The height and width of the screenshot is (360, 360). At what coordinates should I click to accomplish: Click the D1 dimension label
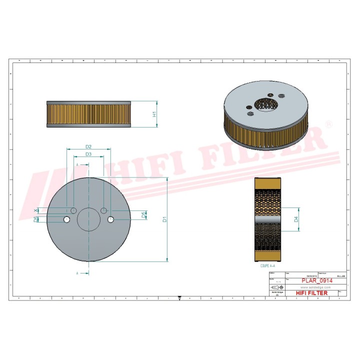(165, 219)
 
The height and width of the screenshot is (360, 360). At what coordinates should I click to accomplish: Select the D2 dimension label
(88, 146)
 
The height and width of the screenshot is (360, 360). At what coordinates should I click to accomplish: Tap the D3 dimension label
(88, 154)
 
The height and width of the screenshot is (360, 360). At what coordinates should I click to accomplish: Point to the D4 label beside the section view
(296, 219)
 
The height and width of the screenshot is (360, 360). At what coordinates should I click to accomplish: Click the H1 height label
(154, 114)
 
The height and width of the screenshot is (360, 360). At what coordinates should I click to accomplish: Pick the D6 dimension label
(35, 219)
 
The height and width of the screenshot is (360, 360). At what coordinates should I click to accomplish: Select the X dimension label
(35, 210)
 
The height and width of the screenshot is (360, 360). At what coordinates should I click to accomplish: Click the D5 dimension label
(143, 215)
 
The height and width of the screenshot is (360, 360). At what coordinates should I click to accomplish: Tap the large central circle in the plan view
(88, 219)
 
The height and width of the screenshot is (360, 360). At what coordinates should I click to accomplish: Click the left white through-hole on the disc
(66, 219)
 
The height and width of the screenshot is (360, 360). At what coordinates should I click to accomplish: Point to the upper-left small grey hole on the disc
(73, 210)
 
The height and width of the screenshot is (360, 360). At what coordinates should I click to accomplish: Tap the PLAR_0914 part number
(315, 281)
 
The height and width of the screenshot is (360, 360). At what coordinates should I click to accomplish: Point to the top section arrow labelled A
(78, 164)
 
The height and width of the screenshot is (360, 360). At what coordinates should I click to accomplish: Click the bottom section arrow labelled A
(78, 273)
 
